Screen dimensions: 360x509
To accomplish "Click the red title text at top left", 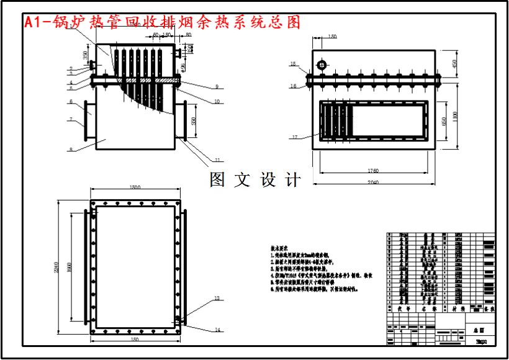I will coord(162,22).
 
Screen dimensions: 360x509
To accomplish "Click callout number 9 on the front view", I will coord(217,86).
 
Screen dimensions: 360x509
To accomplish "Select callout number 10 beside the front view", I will coord(217,101).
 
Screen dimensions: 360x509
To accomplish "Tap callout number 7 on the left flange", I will coord(71,119).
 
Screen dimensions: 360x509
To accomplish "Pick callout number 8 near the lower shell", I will coord(71,150).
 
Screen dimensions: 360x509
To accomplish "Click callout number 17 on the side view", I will coord(295,137).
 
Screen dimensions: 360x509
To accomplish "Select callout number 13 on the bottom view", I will coord(217,299).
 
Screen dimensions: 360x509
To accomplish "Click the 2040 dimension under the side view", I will coord(372,182).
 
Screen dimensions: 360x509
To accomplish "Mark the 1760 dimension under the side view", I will coord(372,171).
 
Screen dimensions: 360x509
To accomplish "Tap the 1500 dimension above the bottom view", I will coord(135,187).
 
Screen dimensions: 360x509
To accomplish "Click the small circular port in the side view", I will coord(322,65).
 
